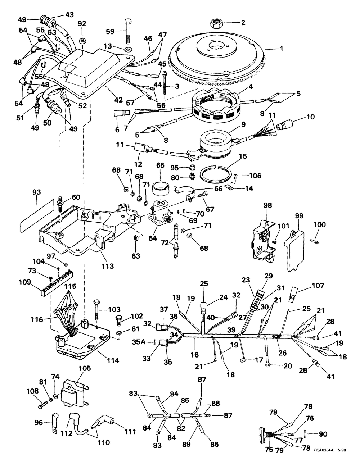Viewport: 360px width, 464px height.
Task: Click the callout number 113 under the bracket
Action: point(108,267)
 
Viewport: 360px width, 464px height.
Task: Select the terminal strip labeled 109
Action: point(54,285)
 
